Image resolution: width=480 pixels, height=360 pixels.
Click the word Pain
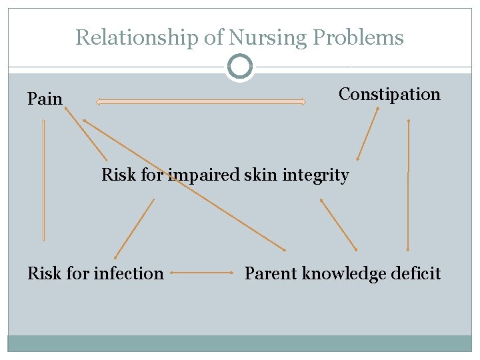[45, 99]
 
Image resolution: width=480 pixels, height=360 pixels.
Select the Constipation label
[389, 95]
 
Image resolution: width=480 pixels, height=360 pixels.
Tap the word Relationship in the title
[136, 37]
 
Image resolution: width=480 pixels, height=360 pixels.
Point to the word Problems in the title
[358, 37]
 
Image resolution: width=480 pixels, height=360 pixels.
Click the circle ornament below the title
[239, 67]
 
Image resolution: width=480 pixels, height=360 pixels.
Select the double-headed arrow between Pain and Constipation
[201, 102]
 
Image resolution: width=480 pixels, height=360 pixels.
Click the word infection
[130, 273]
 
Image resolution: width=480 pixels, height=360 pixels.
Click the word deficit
[416, 273]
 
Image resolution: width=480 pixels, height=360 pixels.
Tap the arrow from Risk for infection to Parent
[204, 273]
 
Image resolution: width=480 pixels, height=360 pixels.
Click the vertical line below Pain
[44, 180]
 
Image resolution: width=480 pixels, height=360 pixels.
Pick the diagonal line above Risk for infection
[134, 229]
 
